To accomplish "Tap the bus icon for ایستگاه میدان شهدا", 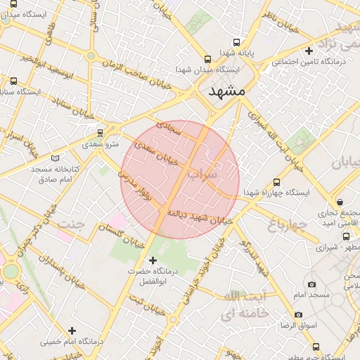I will pos(207,60).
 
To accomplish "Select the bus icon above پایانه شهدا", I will pos(236,42).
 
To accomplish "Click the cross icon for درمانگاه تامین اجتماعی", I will pos(309,51).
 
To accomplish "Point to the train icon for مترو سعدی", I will pos(100,131).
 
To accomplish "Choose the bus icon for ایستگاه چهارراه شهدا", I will pos(276,181).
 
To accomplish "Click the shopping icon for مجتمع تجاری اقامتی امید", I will pos(340,201).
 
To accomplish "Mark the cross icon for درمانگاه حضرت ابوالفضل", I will pos(153,260).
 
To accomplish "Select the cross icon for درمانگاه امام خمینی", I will pos(72,330).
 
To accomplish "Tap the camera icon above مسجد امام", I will pos(312,285).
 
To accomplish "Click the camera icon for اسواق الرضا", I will pos(298,314).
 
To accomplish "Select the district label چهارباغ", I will pos(287,225).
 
